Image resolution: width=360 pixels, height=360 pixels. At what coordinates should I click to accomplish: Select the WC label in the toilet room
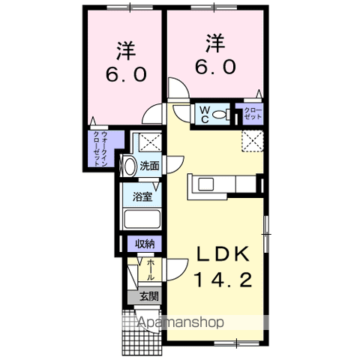(203, 115)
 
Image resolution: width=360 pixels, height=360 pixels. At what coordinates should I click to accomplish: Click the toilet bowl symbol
(220, 115)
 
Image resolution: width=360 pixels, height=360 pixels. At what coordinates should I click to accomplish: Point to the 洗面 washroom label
(149, 166)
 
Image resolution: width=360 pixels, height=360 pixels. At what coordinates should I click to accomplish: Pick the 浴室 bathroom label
(142, 198)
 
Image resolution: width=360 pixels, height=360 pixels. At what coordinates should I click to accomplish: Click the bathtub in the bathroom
(142, 220)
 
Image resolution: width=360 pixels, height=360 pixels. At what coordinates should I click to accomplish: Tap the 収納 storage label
(144, 244)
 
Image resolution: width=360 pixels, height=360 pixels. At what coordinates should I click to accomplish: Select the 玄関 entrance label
(144, 296)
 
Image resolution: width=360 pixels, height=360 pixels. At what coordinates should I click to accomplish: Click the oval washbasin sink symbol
(127, 166)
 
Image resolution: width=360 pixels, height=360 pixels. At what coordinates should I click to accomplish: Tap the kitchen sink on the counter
(205, 184)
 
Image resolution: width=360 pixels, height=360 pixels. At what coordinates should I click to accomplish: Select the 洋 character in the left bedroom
(124, 51)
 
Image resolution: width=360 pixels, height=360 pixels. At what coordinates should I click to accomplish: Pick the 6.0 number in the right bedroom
(217, 67)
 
